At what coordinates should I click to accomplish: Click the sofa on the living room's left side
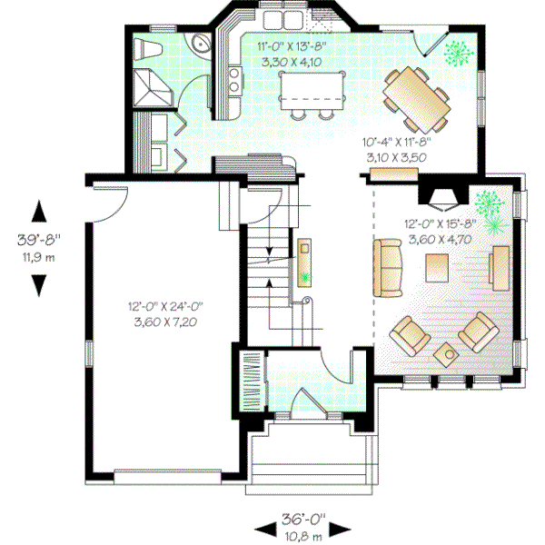pos(388,267)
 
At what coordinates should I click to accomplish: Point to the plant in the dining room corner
pos(456,54)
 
